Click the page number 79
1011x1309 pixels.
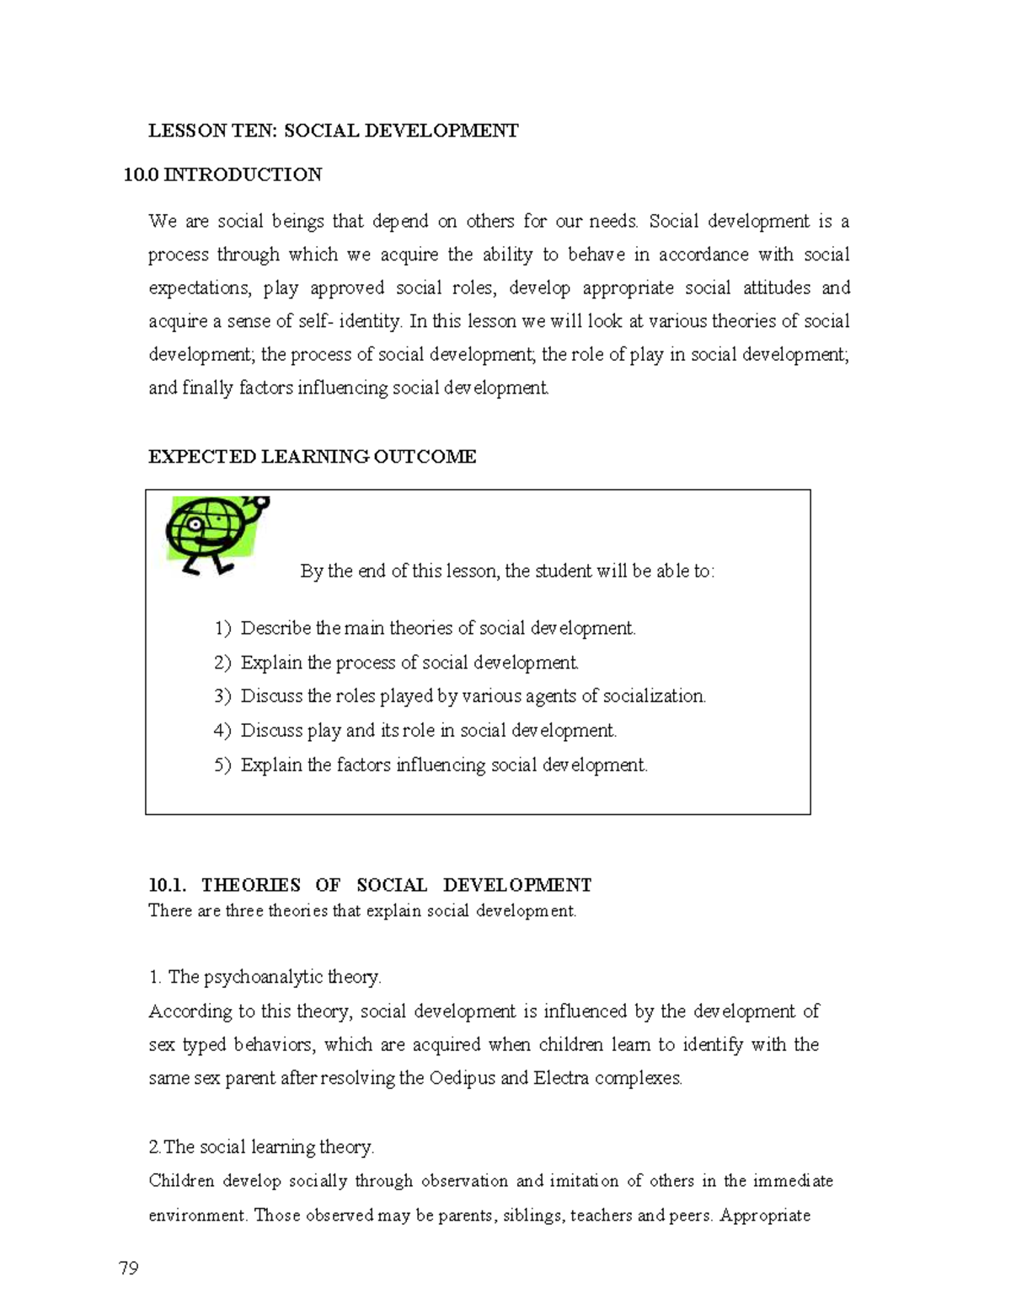tap(129, 1269)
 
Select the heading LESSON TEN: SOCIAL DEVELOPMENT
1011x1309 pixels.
tap(333, 131)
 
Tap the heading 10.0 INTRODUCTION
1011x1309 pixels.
tap(222, 174)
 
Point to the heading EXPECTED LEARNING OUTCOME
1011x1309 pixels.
tap(312, 457)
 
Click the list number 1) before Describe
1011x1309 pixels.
tap(222, 629)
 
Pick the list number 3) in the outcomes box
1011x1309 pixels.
tap(222, 696)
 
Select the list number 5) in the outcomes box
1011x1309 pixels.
tap(222, 765)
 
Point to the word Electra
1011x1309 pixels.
tap(561, 1078)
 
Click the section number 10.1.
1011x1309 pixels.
tap(167, 885)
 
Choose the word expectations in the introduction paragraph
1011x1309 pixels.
tap(200, 288)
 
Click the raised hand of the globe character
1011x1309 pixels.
tap(259, 505)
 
